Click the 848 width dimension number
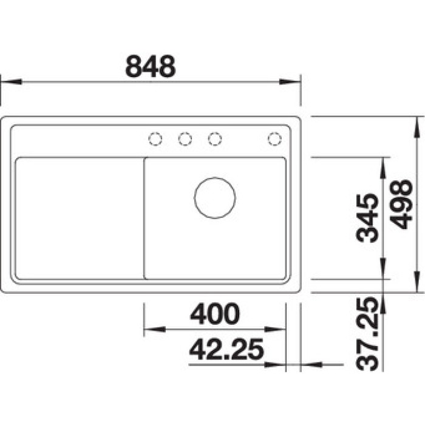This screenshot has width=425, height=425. pos(151,66)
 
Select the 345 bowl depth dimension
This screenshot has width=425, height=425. pos(367,217)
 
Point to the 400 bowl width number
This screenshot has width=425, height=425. pos(215,314)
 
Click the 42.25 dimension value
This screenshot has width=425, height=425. pos(226,349)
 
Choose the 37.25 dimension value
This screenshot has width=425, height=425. pos(367,334)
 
